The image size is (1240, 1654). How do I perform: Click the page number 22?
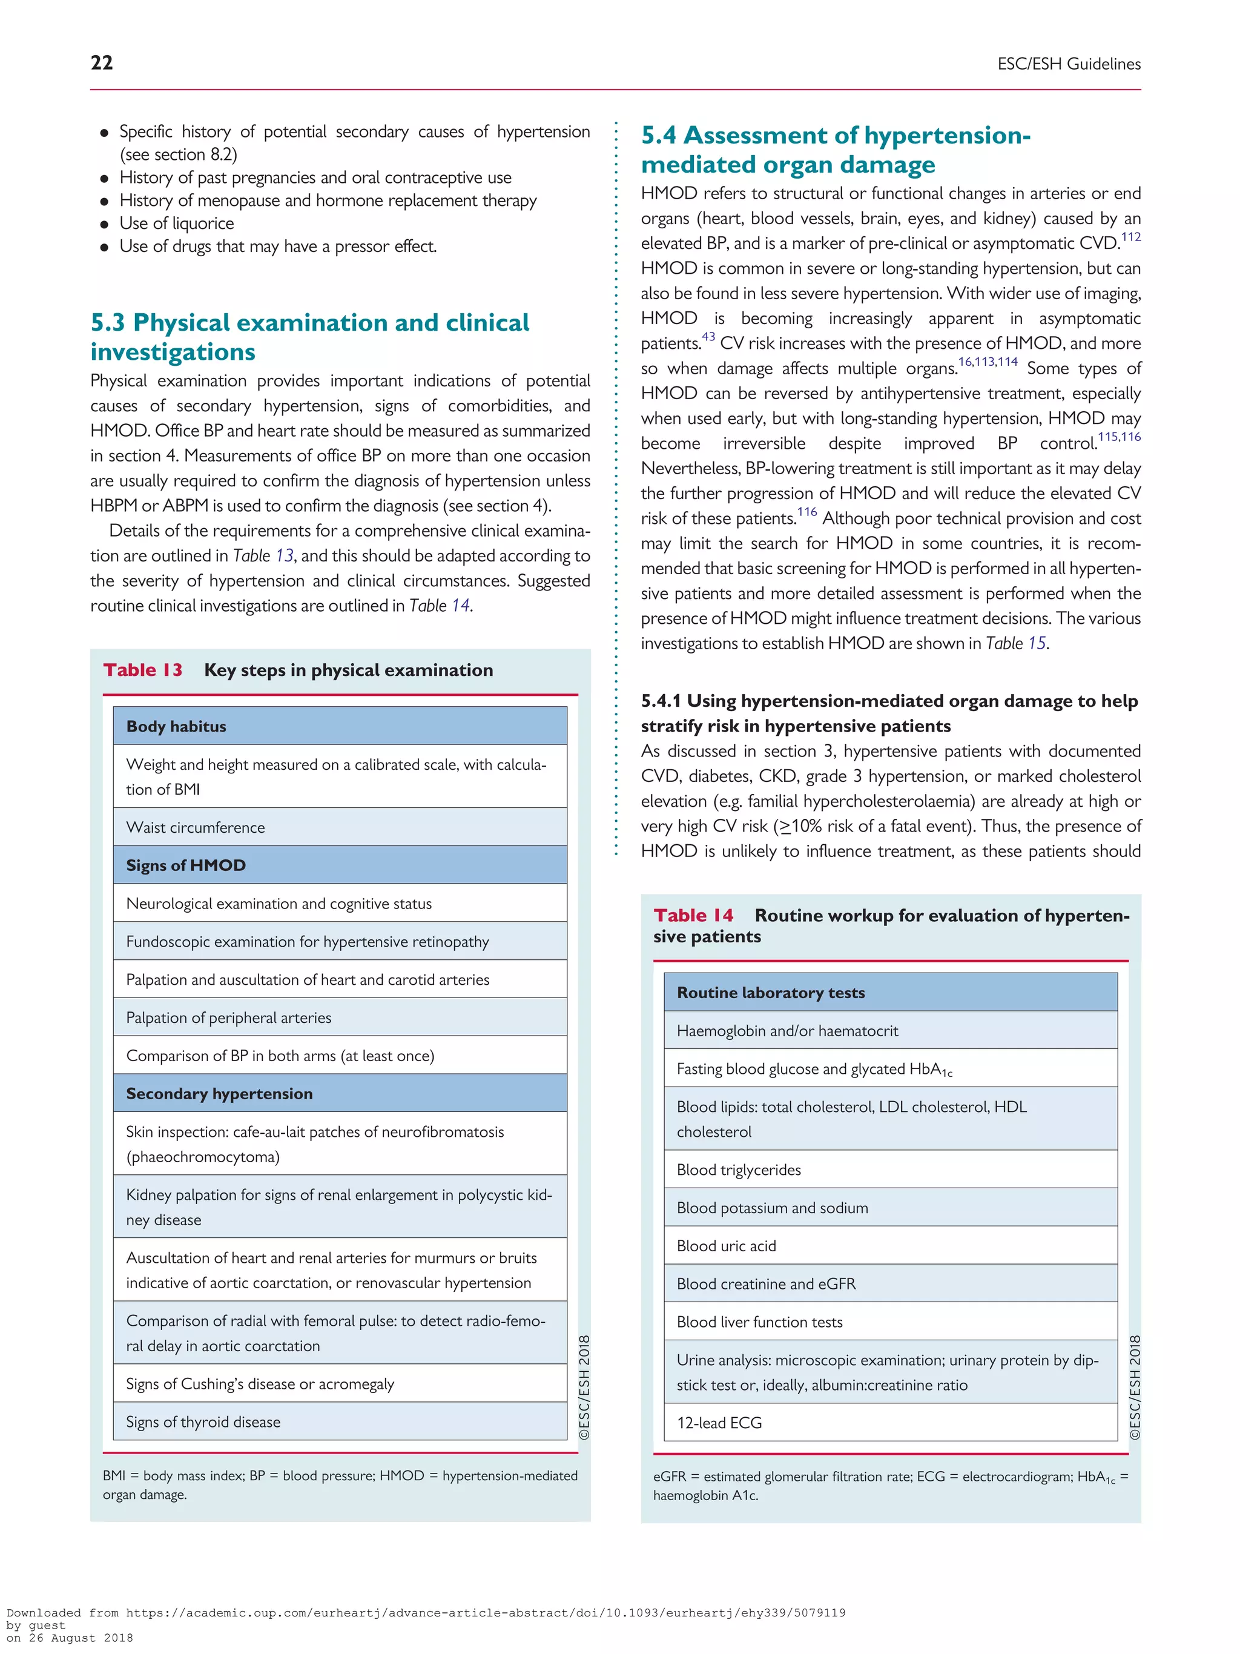coord(102,63)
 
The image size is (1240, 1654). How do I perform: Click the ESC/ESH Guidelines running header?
coord(1068,64)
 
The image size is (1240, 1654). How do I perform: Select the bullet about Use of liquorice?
coord(176,223)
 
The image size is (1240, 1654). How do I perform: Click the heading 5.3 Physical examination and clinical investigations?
coord(309,337)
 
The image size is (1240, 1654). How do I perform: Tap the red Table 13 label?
coord(143,670)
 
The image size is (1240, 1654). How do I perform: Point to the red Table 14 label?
coord(693,915)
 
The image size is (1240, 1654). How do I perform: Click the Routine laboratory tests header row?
coord(890,992)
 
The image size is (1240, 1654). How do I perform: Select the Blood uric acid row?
coord(890,1246)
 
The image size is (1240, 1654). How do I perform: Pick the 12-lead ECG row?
coord(890,1422)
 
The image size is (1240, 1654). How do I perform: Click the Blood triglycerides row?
coord(890,1169)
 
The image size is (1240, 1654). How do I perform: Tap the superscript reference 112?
coord(1130,237)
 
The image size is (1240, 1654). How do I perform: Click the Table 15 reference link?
coord(1036,644)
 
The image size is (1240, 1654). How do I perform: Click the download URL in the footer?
coord(485,1613)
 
